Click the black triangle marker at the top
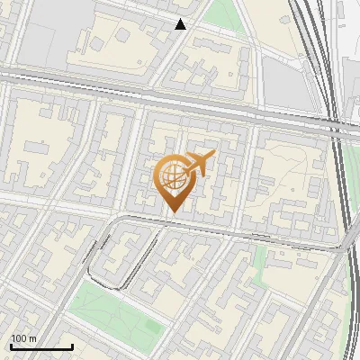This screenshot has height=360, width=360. tap(181, 24)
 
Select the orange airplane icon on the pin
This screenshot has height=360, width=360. tap(200, 163)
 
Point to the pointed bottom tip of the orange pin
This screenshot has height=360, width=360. tap(172, 212)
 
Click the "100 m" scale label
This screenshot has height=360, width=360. tap(24, 338)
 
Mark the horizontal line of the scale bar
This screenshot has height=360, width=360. tap(41, 346)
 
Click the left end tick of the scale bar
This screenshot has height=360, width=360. tap(11, 345)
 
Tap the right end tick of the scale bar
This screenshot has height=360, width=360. tap(72, 345)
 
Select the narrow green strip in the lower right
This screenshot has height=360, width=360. tap(261, 261)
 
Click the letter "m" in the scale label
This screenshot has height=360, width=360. tap(33, 338)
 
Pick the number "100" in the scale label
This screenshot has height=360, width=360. tap(19, 338)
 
